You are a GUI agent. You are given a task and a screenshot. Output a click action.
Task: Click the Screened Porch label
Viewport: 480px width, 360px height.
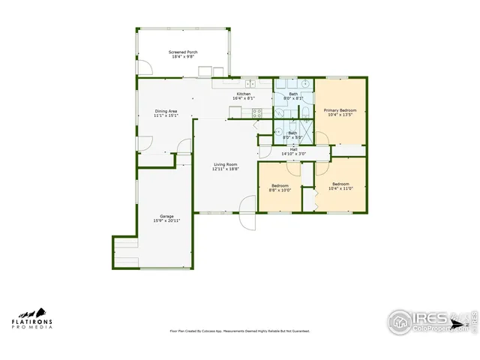(183, 52)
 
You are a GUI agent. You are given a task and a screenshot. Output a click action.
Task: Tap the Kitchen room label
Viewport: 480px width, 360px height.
(244, 94)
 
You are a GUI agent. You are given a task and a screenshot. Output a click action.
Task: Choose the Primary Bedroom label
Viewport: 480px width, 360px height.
(340, 110)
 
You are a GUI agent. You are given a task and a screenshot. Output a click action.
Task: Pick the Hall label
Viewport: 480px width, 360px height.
(294, 149)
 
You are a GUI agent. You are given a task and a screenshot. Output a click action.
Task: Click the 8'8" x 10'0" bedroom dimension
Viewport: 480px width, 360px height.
(280, 190)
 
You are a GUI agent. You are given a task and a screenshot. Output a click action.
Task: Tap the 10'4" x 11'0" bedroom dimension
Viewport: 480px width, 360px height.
(340, 188)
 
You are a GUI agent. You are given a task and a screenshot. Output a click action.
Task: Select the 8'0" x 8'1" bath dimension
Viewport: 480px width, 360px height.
(293, 98)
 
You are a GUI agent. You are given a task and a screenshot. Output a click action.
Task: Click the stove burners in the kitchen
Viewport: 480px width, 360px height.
(257, 114)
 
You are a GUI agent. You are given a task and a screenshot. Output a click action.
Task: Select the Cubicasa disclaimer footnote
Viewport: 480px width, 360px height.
(240, 331)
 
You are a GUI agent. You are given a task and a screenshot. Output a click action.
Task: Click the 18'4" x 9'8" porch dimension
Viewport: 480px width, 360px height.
(183, 57)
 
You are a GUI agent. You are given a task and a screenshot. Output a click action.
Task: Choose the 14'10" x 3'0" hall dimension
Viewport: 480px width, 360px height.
(294, 154)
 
